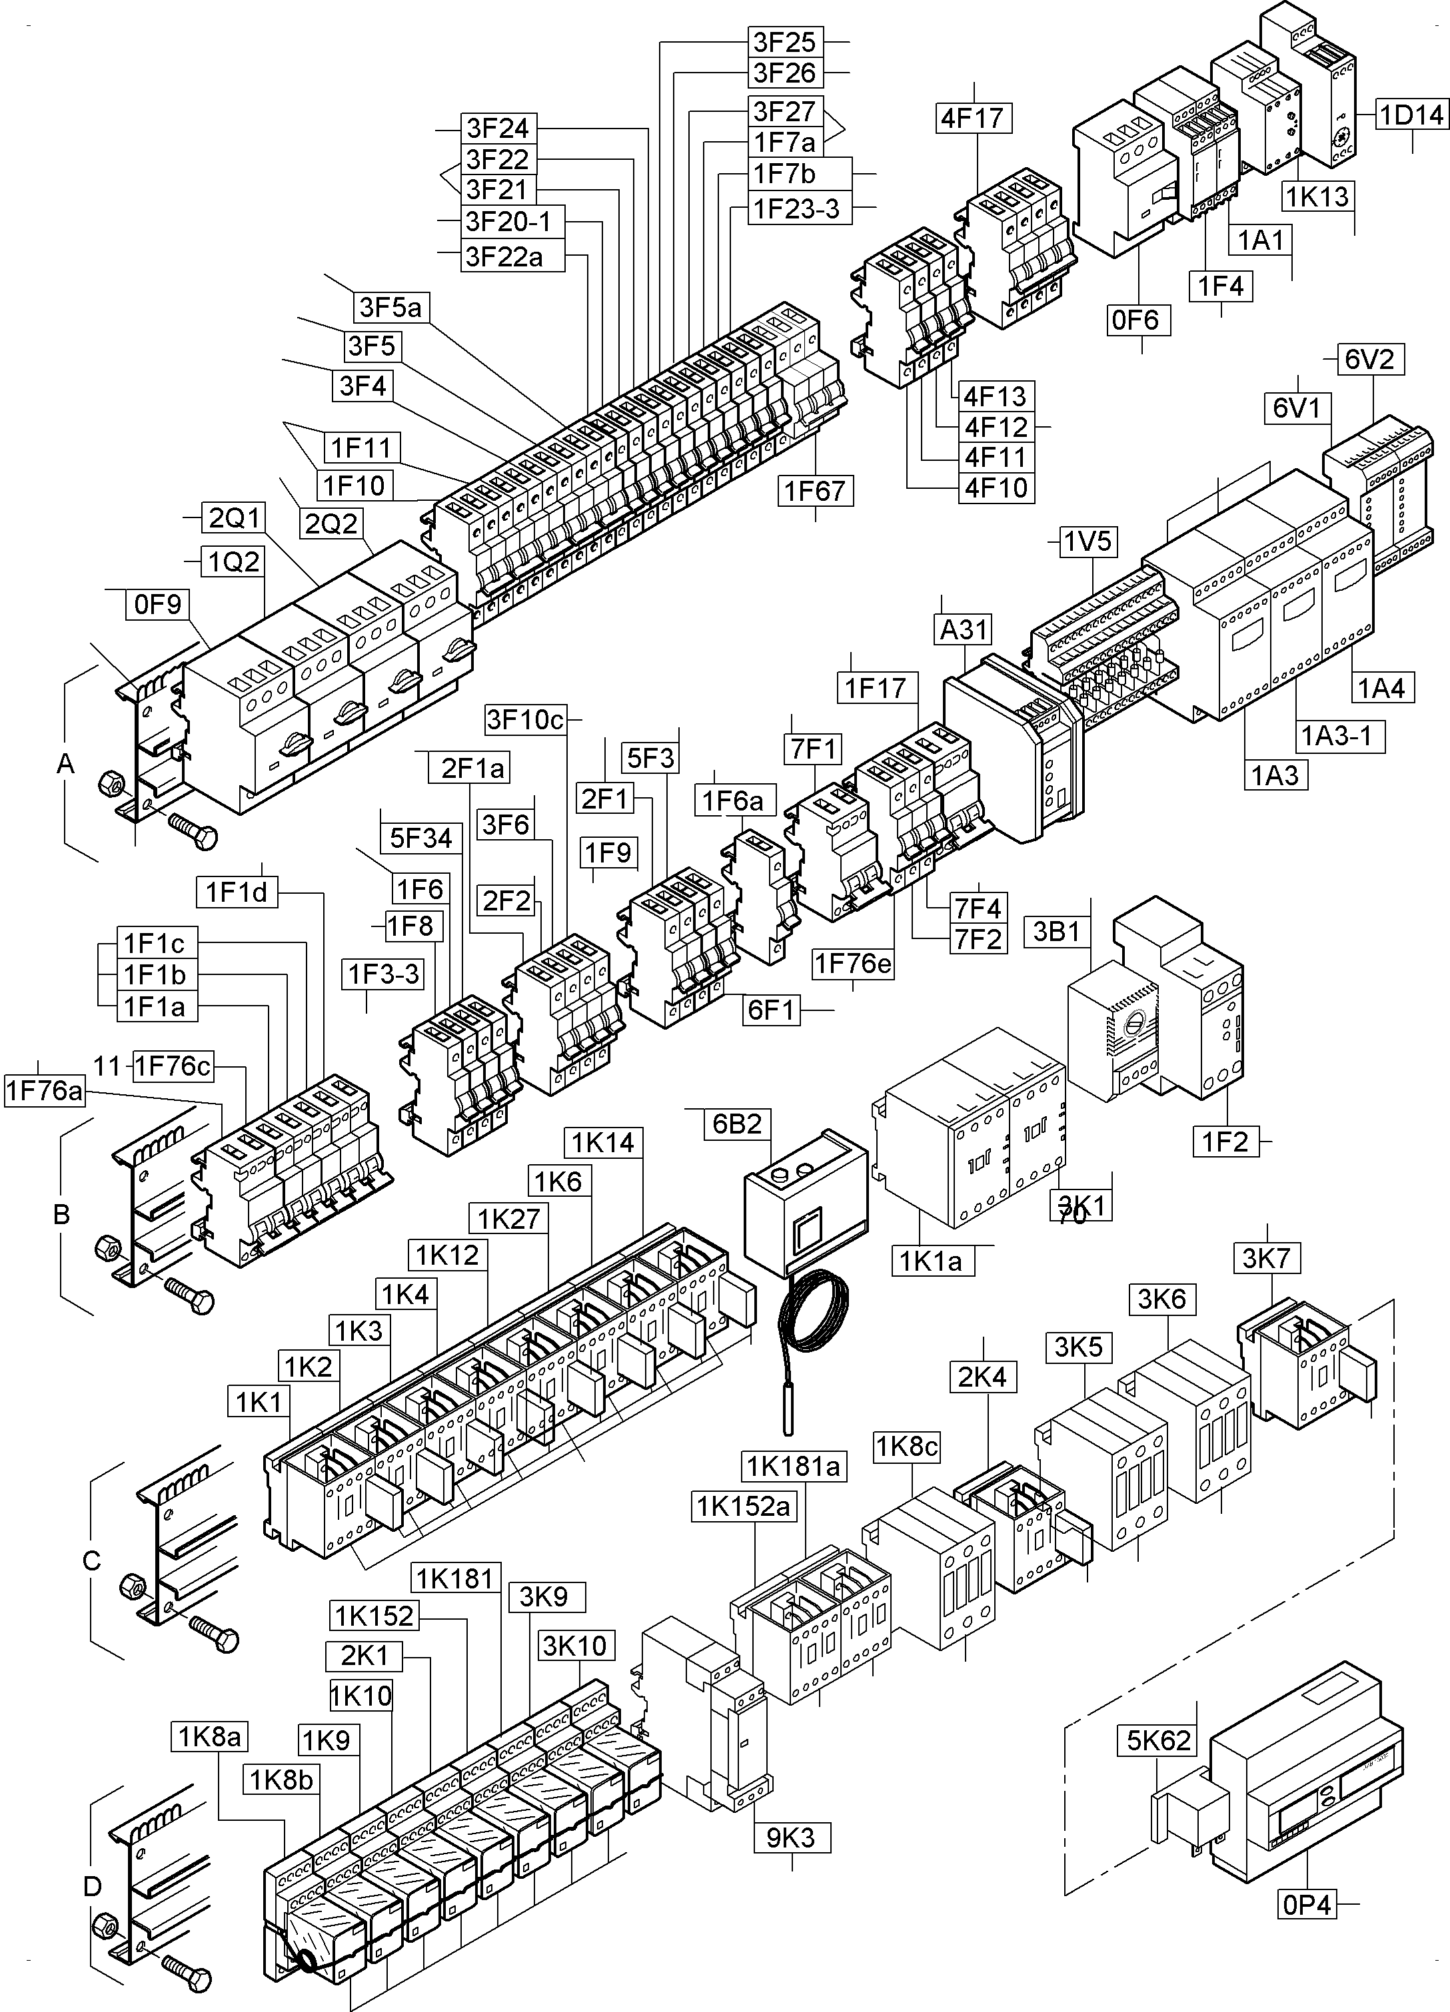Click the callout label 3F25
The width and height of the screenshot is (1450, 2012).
[784, 42]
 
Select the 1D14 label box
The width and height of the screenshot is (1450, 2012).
[1411, 115]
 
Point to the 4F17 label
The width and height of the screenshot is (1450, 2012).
[974, 117]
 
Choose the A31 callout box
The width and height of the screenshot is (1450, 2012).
[964, 630]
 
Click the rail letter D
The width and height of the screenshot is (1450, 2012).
[92, 1887]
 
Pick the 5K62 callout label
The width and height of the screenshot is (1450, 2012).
[1158, 1740]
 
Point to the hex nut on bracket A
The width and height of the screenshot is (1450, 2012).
[113, 782]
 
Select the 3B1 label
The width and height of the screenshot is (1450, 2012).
[1056, 932]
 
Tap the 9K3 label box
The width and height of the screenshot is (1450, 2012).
[791, 1838]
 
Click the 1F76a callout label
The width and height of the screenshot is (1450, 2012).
[45, 1090]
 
